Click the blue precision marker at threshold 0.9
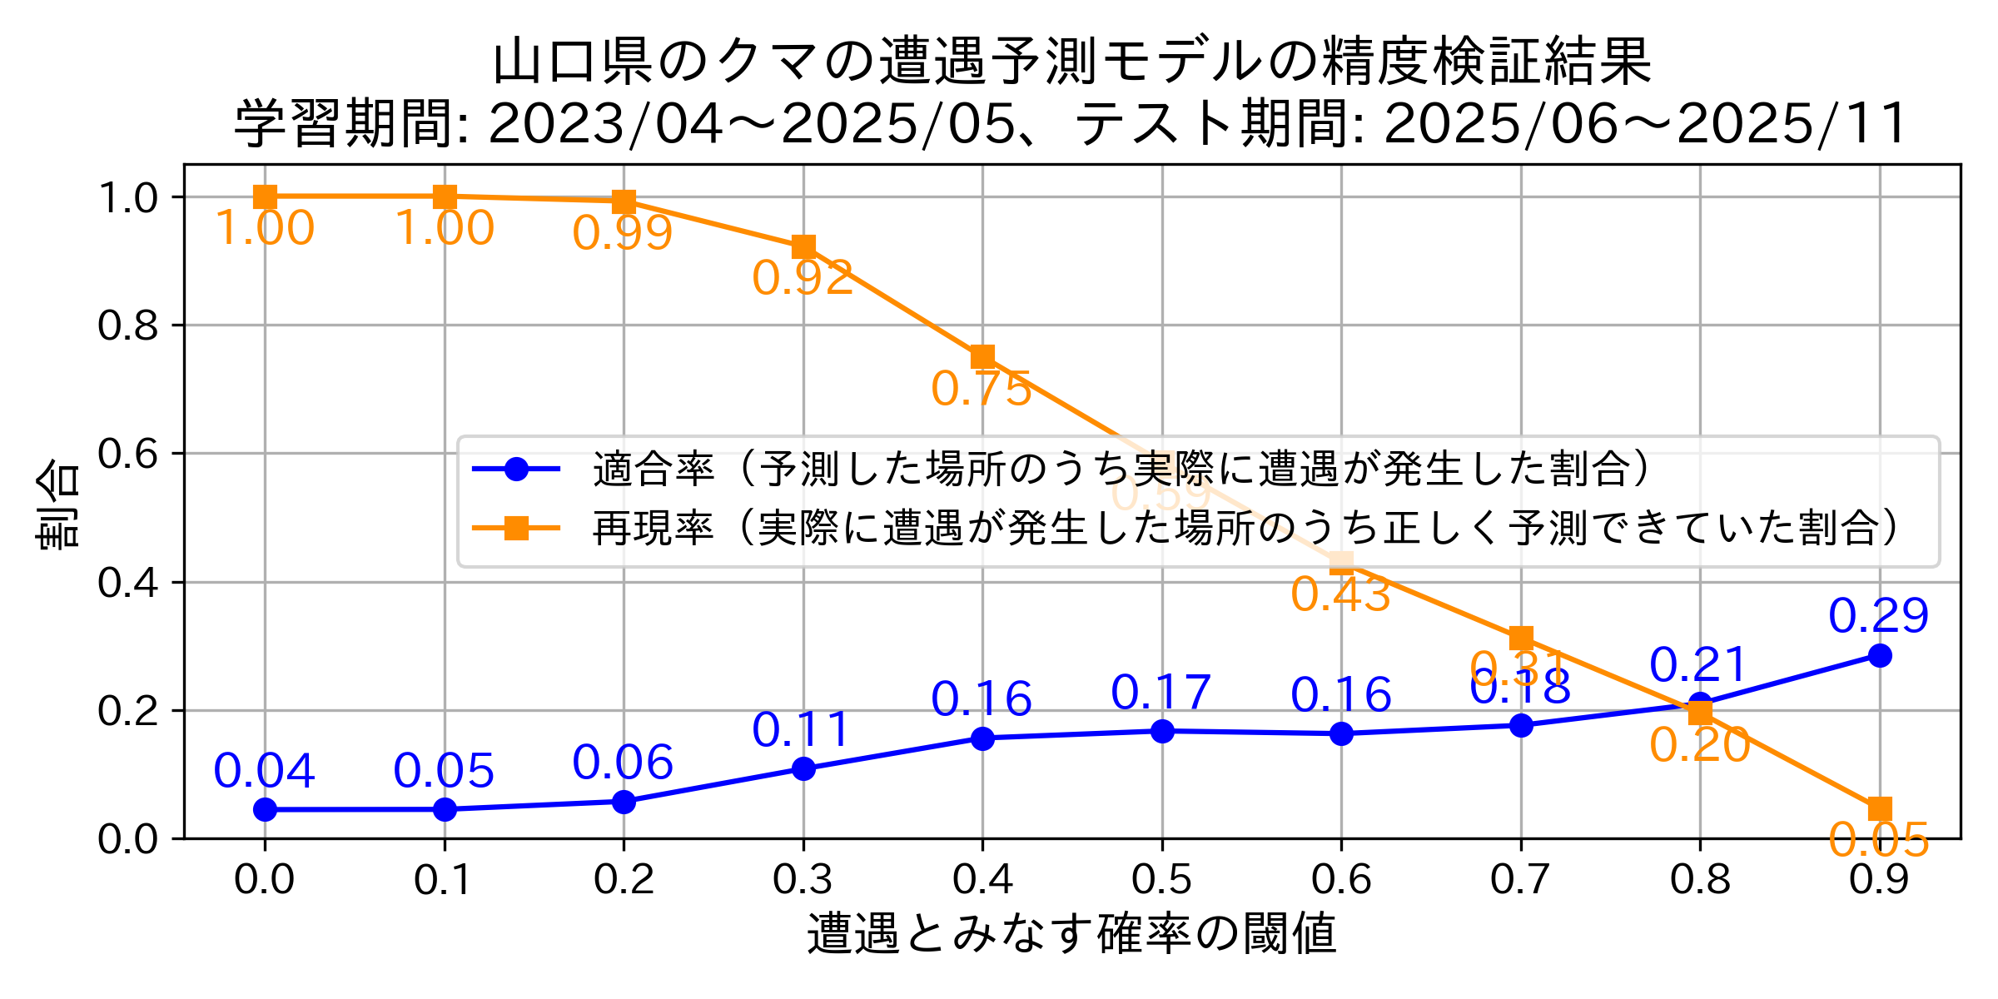(1879, 656)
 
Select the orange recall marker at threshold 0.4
(982, 357)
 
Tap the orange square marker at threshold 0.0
(265, 197)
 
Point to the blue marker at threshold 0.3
(803, 768)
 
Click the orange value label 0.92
(803, 279)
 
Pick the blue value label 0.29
(1878, 616)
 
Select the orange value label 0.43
(1340, 595)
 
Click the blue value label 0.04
(264, 771)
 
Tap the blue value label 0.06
(623, 763)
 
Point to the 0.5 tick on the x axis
(1162, 880)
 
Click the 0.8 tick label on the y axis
(127, 326)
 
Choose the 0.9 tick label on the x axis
(1879, 880)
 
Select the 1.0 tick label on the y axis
(127, 198)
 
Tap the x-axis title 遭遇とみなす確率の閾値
(1071, 933)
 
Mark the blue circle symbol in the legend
(516, 470)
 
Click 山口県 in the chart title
(574, 62)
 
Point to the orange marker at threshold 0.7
(1521, 639)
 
